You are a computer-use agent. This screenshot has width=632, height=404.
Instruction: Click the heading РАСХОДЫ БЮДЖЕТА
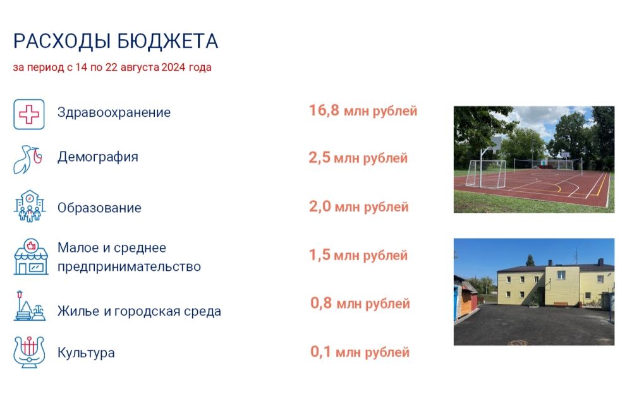(116, 41)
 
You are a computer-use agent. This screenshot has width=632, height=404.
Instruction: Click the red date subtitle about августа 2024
(112, 68)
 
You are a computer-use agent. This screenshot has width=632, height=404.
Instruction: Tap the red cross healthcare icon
(29, 114)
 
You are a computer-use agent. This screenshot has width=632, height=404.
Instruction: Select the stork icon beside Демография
(29, 159)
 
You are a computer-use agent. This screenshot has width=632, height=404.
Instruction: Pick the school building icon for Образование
(29, 206)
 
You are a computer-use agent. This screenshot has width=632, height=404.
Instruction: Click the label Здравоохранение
(114, 113)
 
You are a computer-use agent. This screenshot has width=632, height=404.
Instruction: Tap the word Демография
(97, 157)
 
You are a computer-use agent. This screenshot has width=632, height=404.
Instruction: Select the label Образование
(99, 208)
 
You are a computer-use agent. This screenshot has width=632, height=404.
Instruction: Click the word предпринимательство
(129, 266)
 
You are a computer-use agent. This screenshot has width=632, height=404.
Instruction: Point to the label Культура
(86, 353)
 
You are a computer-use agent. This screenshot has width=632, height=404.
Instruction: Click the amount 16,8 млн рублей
(363, 111)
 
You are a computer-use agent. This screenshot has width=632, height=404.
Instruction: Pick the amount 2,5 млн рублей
(358, 158)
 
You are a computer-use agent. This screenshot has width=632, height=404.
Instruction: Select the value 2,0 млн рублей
(358, 207)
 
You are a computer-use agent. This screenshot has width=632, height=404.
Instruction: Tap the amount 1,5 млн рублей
(358, 256)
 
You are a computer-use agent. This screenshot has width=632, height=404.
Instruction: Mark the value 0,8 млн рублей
(360, 304)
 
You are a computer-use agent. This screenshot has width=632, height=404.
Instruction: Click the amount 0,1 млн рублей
(360, 352)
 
